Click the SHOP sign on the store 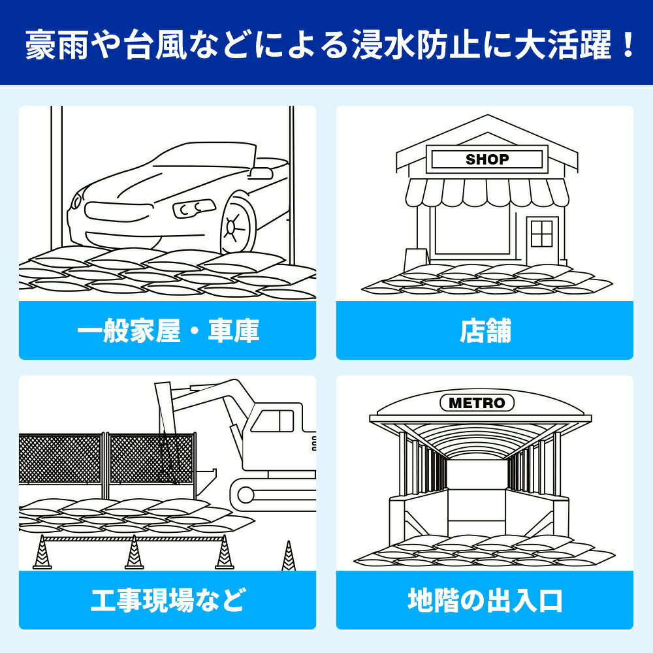(487, 159)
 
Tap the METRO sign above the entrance (477, 403)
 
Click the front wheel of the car (236, 225)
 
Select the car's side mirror (261, 173)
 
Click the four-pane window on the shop (541, 233)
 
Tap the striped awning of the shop (487, 191)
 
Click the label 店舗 (485, 331)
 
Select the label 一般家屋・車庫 (168, 331)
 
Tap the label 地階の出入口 (485, 599)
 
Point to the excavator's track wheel (246, 494)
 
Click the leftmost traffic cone (41, 554)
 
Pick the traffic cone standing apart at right (288, 556)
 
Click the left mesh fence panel (60, 459)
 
